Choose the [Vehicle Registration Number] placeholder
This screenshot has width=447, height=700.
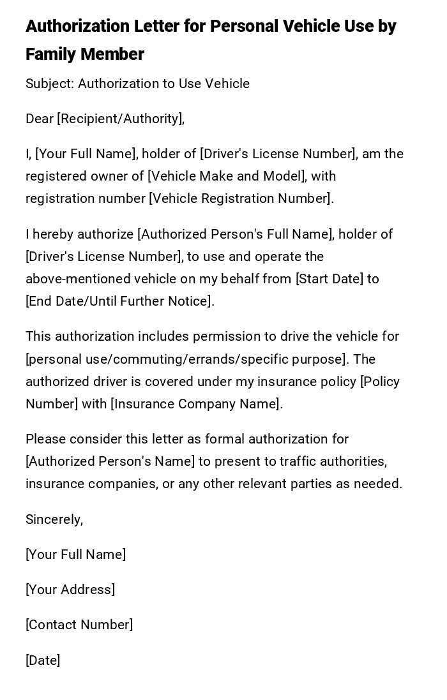click(x=241, y=198)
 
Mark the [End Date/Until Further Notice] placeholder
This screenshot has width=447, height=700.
click(x=119, y=301)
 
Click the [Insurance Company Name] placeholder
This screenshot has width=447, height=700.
click(x=196, y=404)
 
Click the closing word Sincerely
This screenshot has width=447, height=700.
click(x=54, y=519)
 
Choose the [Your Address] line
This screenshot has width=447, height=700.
click(x=70, y=590)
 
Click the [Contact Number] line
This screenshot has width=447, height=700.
click(x=79, y=625)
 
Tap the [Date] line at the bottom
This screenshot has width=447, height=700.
click(x=43, y=660)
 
